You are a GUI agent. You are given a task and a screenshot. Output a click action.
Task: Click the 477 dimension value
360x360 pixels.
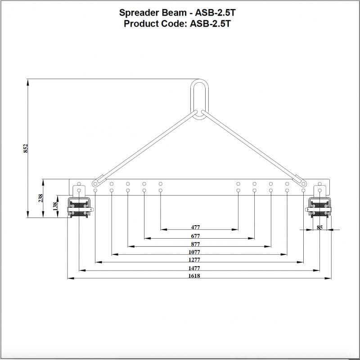click(195, 227)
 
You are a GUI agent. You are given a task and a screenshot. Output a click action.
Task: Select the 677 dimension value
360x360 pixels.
click(195, 236)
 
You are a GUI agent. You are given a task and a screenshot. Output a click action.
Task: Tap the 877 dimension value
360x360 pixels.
click(195, 244)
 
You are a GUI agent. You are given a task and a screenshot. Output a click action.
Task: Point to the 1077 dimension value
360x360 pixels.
click(194, 252)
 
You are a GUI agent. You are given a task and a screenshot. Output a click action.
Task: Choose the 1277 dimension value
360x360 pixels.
click(194, 260)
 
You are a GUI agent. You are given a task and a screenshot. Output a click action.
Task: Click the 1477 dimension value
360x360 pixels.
click(194, 268)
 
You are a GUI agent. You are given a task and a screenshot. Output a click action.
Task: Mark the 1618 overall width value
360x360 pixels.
click(194, 276)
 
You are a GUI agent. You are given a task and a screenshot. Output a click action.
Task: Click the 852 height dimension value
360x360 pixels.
click(26, 148)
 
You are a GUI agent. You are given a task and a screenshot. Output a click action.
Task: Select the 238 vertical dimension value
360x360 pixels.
click(40, 198)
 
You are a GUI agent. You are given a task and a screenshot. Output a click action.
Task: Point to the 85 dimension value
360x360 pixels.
click(319, 227)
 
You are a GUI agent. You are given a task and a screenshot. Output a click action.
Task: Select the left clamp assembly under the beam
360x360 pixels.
click(80, 207)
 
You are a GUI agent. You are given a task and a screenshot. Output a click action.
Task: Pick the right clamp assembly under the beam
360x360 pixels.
click(319, 207)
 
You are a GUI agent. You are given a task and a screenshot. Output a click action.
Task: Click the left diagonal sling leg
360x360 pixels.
click(144, 148)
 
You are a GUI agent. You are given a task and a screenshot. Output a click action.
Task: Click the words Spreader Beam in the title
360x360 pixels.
click(151, 13)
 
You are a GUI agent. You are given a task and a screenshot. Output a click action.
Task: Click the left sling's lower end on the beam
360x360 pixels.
click(95, 183)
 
